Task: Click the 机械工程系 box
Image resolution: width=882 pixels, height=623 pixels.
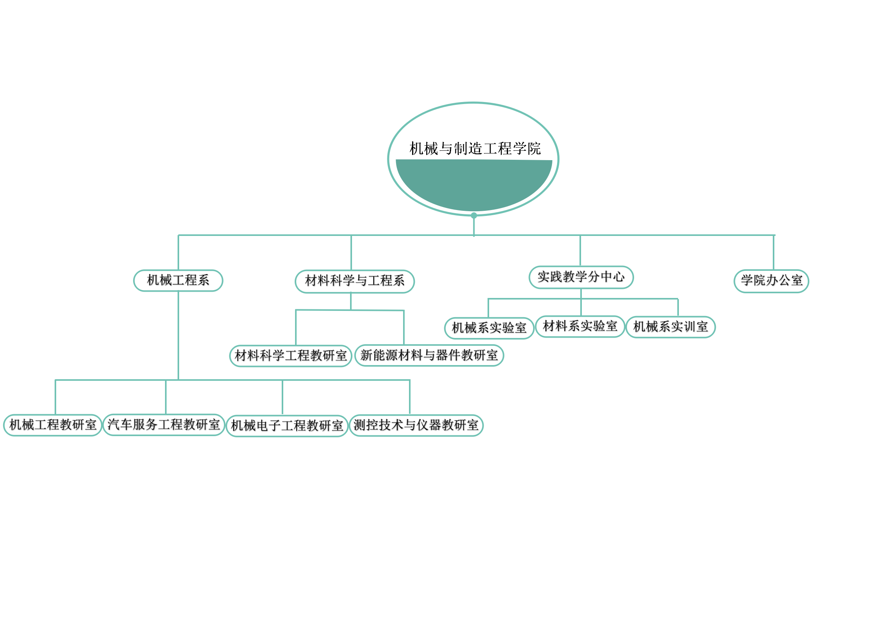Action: (x=178, y=280)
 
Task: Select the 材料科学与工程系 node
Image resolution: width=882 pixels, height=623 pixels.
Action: (x=355, y=281)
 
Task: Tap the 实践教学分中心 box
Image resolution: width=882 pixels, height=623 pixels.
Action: (x=581, y=277)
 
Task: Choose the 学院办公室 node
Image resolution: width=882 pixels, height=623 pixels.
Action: (x=771, y=281)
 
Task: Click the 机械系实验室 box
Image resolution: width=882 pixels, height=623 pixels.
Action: (x=489, y=328)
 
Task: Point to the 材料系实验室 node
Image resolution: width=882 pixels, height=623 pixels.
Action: (x=580, y=326)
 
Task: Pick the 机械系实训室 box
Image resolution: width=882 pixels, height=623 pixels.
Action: (x=671, y=327)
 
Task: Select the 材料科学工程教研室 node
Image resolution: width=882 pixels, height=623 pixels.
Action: (x=291, y=356)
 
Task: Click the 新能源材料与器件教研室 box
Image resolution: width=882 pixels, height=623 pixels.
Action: (x=429, y=355)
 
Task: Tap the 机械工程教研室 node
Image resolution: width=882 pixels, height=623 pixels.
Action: (x=53, y=425)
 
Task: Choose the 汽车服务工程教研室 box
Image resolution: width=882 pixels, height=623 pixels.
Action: (x=164, y=424)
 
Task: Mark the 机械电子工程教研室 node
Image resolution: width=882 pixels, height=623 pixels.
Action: (x=287, y=426)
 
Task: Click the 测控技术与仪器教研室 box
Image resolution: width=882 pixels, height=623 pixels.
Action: (x=416, y=425)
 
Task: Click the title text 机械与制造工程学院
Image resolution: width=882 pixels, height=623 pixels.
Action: (x=475, y=149)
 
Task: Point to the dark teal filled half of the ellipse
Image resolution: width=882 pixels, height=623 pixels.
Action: (x=474, y=185)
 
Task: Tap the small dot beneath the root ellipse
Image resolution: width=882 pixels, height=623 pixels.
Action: (x=474, y=216)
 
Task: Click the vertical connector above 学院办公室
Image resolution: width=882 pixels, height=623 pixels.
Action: (x=774, y=252)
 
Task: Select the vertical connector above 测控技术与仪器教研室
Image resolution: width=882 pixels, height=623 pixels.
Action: (x=410, y=397)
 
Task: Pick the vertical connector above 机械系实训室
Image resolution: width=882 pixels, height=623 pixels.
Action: (x=678, y=307)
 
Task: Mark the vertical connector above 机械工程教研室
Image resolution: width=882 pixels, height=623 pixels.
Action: (x=55, y=397)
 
